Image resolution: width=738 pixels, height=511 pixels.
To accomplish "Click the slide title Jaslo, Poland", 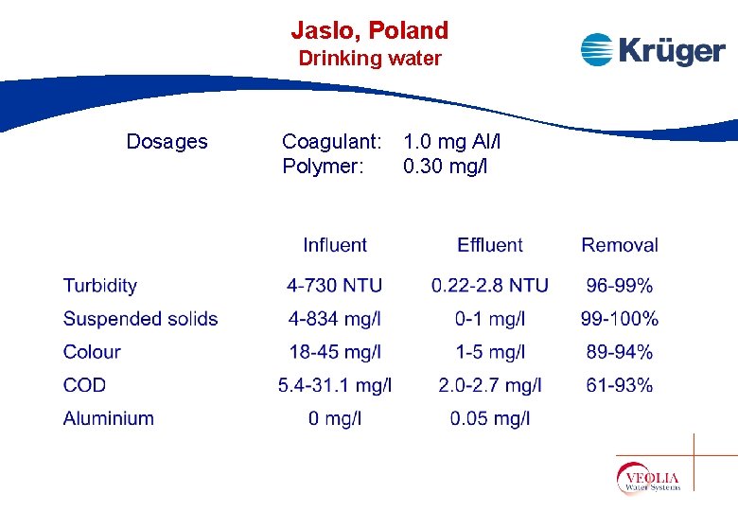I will point(369,30).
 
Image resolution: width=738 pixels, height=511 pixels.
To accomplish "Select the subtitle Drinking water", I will point(369,59).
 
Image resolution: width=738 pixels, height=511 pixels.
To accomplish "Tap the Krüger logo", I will point(652,49).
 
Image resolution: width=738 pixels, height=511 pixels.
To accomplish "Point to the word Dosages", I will point(167,142).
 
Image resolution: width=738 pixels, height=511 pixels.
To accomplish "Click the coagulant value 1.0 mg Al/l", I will point(451,142).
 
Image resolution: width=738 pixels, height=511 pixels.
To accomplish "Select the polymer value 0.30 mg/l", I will point(445,167).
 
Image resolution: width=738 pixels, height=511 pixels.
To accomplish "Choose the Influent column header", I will point(334,245).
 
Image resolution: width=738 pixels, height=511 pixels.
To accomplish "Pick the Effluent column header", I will point(489,245).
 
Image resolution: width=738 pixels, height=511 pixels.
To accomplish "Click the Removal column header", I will point(619,245).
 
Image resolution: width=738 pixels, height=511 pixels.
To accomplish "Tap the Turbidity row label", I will point(100,286).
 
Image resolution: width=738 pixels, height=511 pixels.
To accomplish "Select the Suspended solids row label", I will point(140,319).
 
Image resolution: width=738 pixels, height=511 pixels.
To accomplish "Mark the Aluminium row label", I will point(108,418).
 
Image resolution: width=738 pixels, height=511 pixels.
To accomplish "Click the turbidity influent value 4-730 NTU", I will point(335,286).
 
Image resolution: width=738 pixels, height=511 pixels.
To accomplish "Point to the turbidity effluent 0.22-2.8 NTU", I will point(489,286).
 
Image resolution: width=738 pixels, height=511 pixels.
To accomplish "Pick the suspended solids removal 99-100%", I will point(619,319).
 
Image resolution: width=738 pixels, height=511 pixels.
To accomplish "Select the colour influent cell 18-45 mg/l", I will point(335,352).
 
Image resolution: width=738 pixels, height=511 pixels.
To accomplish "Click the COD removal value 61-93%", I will point(619,385).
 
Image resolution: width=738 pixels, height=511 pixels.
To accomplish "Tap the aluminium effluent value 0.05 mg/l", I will point(489,418).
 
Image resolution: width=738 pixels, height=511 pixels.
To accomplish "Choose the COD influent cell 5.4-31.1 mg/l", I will point(335,385).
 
